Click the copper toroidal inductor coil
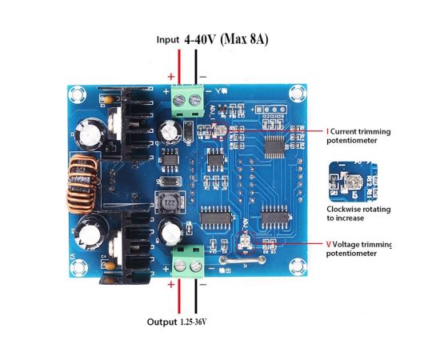82,184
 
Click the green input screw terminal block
188,101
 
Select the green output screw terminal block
188,262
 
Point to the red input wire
179,66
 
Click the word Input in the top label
168,40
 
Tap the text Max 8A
244,39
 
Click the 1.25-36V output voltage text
193,322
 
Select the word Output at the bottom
162,322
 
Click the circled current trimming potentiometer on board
221,130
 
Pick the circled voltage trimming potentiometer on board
246,242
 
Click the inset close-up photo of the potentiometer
353,182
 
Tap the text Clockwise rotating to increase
358,214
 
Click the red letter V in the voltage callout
328,244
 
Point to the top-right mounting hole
298,93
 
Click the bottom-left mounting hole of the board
78,267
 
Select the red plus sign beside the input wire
171,76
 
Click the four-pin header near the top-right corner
270,109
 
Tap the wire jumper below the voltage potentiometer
242,260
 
